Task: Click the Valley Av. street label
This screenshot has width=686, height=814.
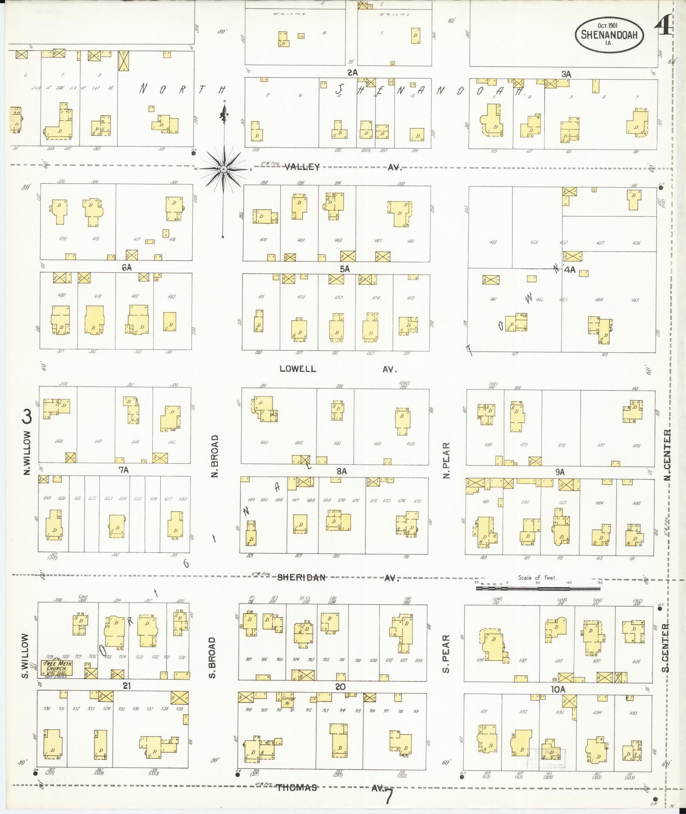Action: (x=340, y=167)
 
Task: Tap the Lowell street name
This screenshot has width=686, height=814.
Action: (x=298, y=369)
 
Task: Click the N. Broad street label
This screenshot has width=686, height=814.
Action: (x=215, y=456)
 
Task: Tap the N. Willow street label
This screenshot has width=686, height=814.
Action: (x=28, y=453)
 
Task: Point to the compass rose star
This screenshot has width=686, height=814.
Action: (x=223, y=169)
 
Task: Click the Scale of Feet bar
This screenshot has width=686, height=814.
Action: (x=538, y=589)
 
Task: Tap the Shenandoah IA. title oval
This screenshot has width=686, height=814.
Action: (x=609, y=34)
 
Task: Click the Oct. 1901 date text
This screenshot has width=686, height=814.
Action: (x=607, y=25)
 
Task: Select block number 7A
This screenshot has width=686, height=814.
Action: (x=123, y=470)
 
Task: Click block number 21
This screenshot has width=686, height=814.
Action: (x=127, y=686)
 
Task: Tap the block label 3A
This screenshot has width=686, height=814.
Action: (x=566, y=74)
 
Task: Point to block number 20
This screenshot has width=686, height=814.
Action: (x=340, y=687)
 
